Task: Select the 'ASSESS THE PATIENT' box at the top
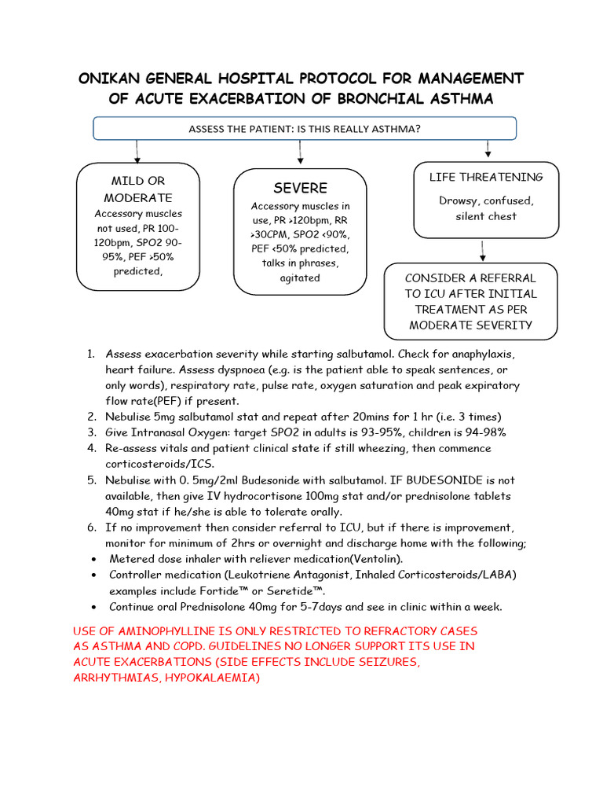pyautogui.click(x=305, y=128)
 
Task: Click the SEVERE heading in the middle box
pyautogui.click(x=300, y=188)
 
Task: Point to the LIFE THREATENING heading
pyautogui.click(x=486, y=177)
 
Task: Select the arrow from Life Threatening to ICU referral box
pyautogui.click(x=482, y=250)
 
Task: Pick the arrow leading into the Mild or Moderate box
pyautogui.click(x=137, y=152)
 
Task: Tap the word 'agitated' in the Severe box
pyautogui.click(x=300, y=278)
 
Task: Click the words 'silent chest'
pyautogui.click(x=486, y=216)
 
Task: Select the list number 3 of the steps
pyautogui.click(x=91, y=432)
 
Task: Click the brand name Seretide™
pyautogui.click(x=298, y=590)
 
